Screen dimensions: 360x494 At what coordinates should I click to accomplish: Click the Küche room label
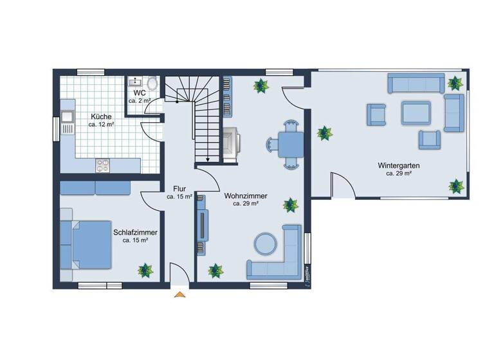pos(101,116)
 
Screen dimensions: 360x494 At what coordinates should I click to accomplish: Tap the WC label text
pos(139,93)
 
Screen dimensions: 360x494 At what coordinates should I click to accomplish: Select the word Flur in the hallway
pos(179,189)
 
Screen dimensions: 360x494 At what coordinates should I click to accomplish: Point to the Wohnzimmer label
pos(246,195)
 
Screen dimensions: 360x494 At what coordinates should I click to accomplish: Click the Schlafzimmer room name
pos(135,232)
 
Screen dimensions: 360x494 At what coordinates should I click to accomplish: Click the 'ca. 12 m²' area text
pos(101,125)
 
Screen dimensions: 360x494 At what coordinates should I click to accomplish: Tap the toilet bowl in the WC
pos(152,84)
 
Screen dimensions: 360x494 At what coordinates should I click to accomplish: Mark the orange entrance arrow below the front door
pos(179,294)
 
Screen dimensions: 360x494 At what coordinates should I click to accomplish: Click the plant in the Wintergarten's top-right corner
pos(455,83)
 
